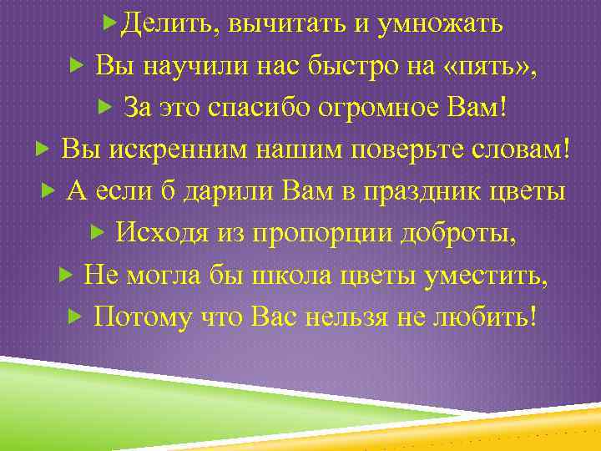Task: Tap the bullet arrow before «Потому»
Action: [73, 315]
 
